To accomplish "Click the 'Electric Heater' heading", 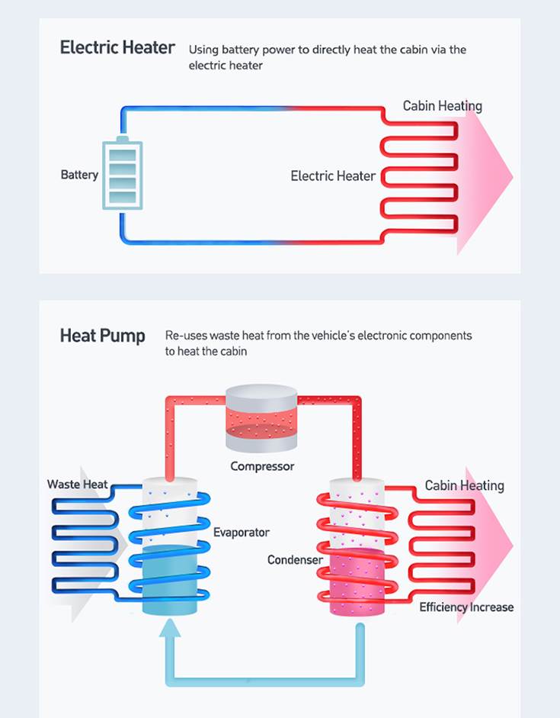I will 117,47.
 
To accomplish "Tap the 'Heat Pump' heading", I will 102,336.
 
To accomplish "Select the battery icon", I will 122,174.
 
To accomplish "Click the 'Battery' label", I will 79,175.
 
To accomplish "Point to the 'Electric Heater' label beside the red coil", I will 333,176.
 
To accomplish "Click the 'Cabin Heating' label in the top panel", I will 442,106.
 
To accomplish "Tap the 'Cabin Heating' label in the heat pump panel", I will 464,485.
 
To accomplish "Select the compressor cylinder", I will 261,418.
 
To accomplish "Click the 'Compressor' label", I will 262,466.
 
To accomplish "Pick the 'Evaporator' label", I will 241,533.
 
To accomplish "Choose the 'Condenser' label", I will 295,560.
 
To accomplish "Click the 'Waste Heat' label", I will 77,485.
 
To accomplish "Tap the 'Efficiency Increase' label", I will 466,607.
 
